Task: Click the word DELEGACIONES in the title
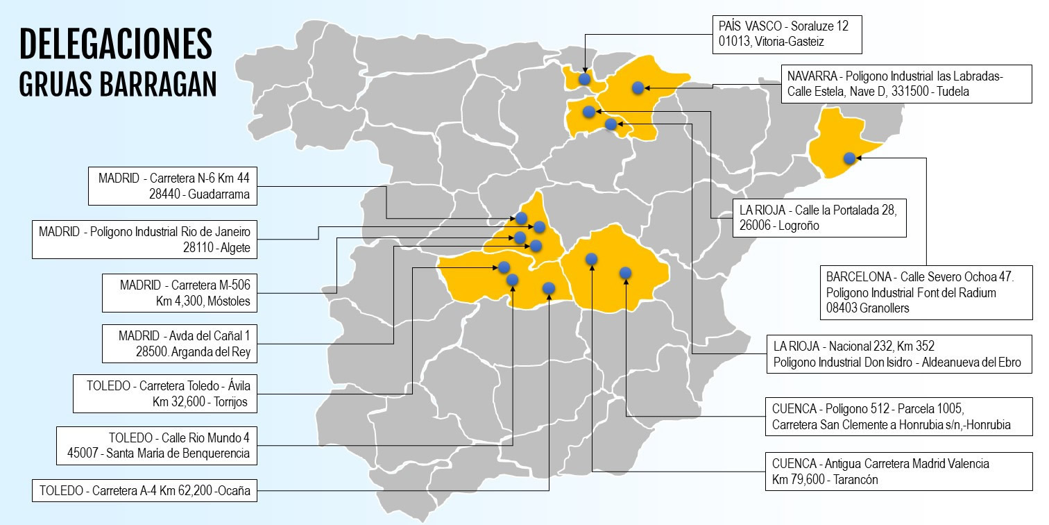(x=115, y=44)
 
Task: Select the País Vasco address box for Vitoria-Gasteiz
(x=787, y=35)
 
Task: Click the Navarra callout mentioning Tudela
(x=901, y=83)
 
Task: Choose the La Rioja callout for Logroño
(x=819, y=217)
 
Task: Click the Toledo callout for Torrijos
(x=161, y=393)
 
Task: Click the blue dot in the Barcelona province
(x=849, y=158)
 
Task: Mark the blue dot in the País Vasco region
(x=584, y=79)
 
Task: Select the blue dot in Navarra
(x=637, y=87)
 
